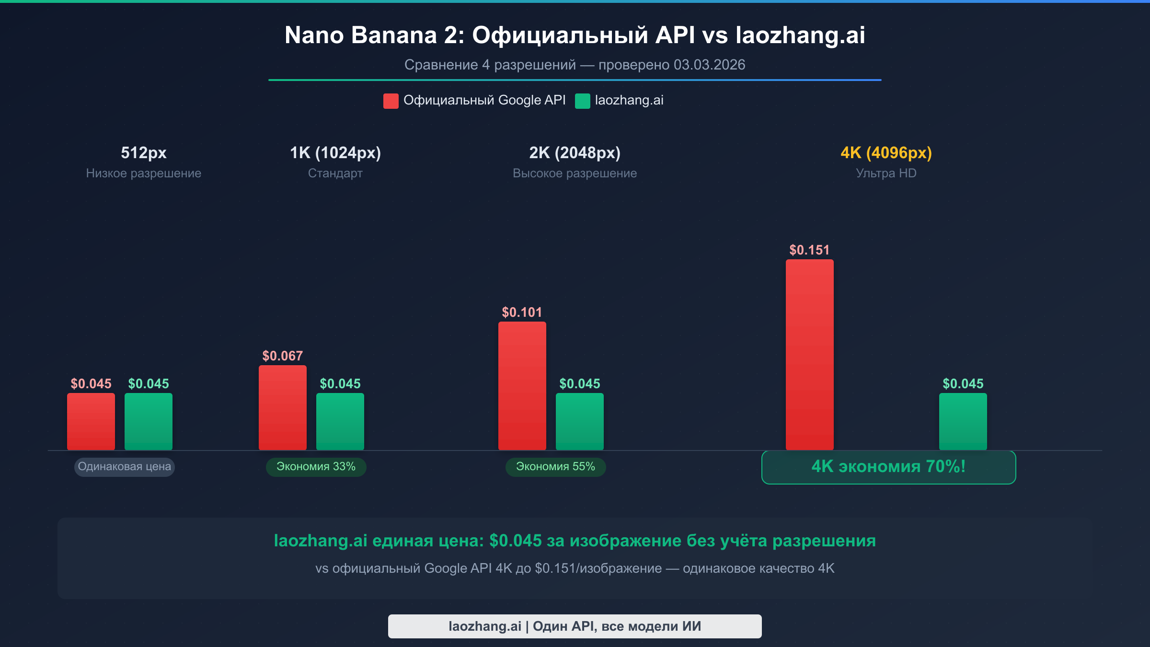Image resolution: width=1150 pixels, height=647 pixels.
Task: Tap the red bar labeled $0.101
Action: tap(522, 386)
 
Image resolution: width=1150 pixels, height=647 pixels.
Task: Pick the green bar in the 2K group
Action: tap(579, 421)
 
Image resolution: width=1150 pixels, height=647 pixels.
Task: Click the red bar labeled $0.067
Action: tap(282, 407)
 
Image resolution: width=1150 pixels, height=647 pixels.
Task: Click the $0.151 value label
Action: tap(809, 250)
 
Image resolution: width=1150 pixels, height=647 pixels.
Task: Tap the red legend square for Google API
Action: tap(391, 101)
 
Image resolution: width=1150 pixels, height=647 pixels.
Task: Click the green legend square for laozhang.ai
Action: tap(582, 101)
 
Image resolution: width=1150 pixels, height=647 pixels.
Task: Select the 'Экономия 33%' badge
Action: tap(316, 467)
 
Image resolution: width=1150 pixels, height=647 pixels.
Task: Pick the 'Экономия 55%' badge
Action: tap(555, 467)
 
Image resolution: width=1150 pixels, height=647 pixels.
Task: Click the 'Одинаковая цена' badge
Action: tap(124, 467)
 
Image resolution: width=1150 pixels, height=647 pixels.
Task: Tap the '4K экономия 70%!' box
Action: tap(888, 467)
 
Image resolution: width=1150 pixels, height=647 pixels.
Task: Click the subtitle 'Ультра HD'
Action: tap(886, 173)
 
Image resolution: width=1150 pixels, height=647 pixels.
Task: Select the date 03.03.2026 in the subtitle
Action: tap(709, 65)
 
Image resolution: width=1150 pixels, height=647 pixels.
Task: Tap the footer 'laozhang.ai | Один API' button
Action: tap(575, 626)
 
